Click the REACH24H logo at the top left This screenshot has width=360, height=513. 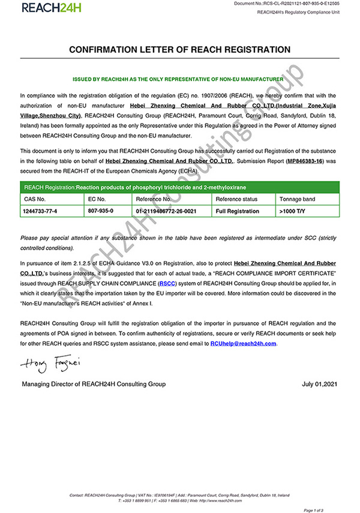point(51,8)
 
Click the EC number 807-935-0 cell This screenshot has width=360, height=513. point(101,211)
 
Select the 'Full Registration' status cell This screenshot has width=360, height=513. point(238,211)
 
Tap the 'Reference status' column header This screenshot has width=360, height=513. point(236,199)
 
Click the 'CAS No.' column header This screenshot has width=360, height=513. point(35,199)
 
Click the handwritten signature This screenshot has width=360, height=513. point(46,363)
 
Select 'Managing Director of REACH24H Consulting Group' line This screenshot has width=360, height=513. point(94,384)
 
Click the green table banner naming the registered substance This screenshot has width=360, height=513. point(180,187)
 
